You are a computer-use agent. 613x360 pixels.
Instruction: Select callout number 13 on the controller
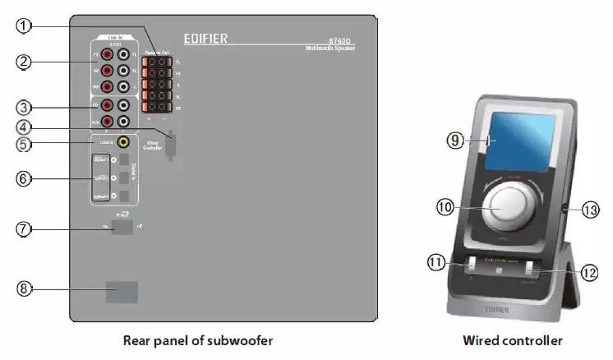(590, 210)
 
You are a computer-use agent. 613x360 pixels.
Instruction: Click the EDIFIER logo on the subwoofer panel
(206, 38)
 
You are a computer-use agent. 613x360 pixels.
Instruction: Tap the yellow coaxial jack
(123, 141)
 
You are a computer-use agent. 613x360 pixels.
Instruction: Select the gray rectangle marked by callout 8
(121, 292)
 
